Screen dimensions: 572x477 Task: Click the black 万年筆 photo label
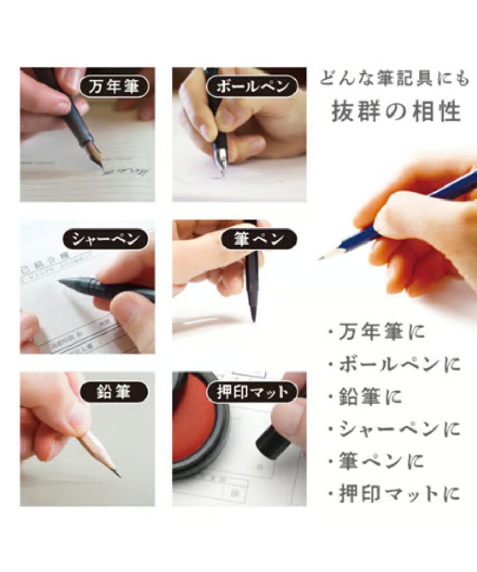(114, 86)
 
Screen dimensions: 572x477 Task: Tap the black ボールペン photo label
(252, 86)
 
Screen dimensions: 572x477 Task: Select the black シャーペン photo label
(106, 239)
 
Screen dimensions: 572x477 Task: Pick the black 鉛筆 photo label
(114, 392)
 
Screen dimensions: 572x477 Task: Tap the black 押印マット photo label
(252, 392)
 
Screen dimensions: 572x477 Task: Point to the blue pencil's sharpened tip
(322, 258)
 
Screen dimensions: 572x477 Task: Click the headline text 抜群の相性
(396, 111)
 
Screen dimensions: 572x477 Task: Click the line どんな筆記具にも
(395, 79)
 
